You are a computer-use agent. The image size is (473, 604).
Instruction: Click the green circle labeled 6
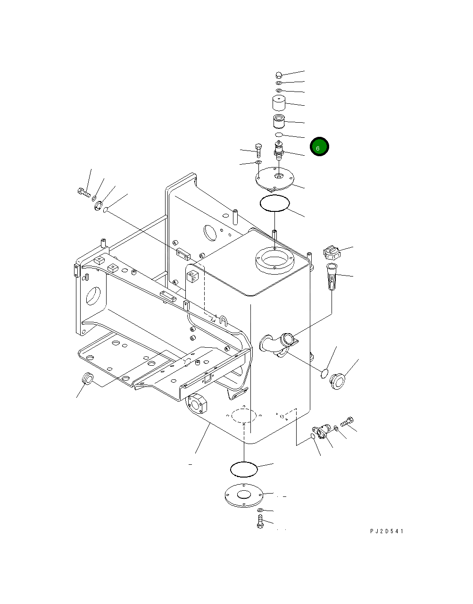coord(319,147)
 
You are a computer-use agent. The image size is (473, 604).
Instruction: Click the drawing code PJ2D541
coord(387,531)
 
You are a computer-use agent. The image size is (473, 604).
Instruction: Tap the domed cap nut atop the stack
coord(279,75)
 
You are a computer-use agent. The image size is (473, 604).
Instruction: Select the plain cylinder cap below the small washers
coord(280,102)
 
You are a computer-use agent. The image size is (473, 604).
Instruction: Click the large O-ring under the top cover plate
coord(274,203)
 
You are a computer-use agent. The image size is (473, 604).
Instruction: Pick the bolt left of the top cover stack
coord(258,149)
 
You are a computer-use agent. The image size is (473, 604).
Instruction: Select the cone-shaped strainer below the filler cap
coord(332,278)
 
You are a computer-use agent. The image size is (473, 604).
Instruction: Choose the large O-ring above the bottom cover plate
coord(244,469)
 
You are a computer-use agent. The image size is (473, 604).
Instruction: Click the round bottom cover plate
coord(243,496)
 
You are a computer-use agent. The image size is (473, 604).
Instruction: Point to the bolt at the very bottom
coord(260,522)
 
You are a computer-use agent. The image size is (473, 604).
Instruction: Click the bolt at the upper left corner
coord(82,192)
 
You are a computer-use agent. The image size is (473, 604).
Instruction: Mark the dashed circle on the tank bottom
coord(244,415)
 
